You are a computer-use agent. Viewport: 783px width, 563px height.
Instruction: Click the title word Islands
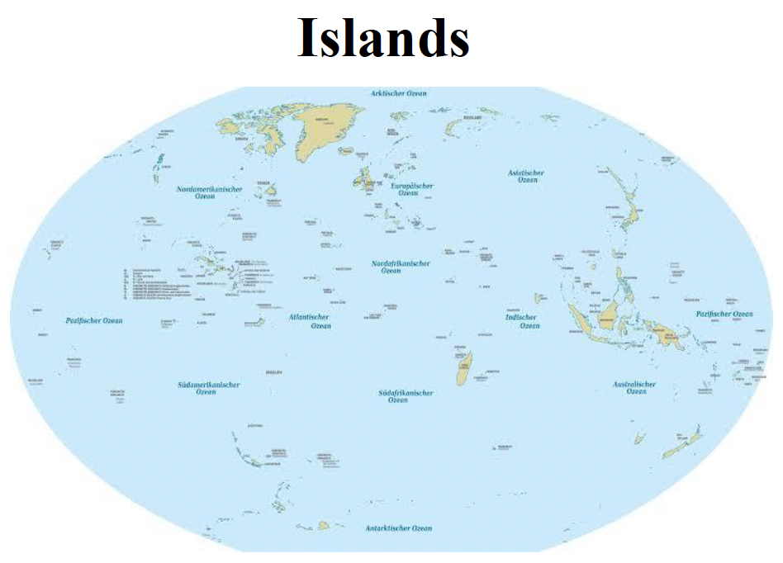(x=383, y=38)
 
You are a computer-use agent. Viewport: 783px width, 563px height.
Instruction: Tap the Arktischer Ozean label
(x=399, y=93)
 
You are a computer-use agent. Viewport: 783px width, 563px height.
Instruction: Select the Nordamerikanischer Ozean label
(x=210, y=192)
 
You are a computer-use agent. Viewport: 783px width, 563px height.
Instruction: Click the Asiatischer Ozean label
(x=526, y=176)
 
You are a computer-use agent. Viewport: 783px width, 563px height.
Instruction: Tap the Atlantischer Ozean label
(x=310, y=321)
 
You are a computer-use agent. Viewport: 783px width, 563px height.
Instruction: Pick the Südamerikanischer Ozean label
(x=208, y=388)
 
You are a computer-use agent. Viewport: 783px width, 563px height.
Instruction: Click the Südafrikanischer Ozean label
(x=406, y=396)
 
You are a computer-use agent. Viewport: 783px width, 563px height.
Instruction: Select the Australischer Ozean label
(x=634, y=388)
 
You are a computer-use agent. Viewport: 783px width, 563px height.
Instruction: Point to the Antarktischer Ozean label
(x=399, y=528)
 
